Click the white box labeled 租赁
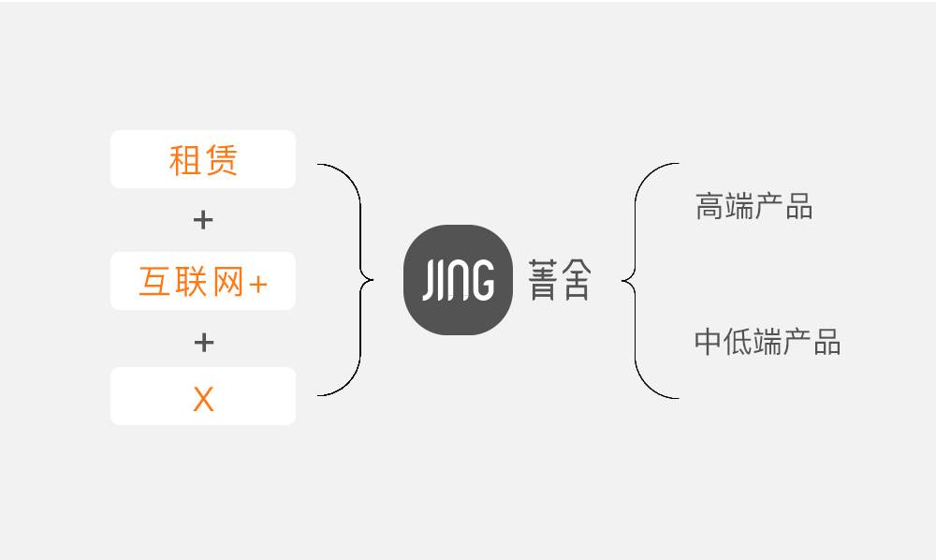click(203, 159)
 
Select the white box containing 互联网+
click(203, 281)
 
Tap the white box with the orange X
click(203, 396)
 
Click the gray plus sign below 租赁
click(203, 220)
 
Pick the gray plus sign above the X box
click(203, 343)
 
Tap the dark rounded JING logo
click(458, 280)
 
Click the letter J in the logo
click(430, 280)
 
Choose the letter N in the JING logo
click(456, 279)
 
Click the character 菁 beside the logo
click(543, 279)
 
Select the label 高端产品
click(753, 206)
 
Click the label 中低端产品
click(768, 342)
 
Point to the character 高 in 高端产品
click(709, 206)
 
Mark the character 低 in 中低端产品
click(738, 342)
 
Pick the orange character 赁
click(222, 160)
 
